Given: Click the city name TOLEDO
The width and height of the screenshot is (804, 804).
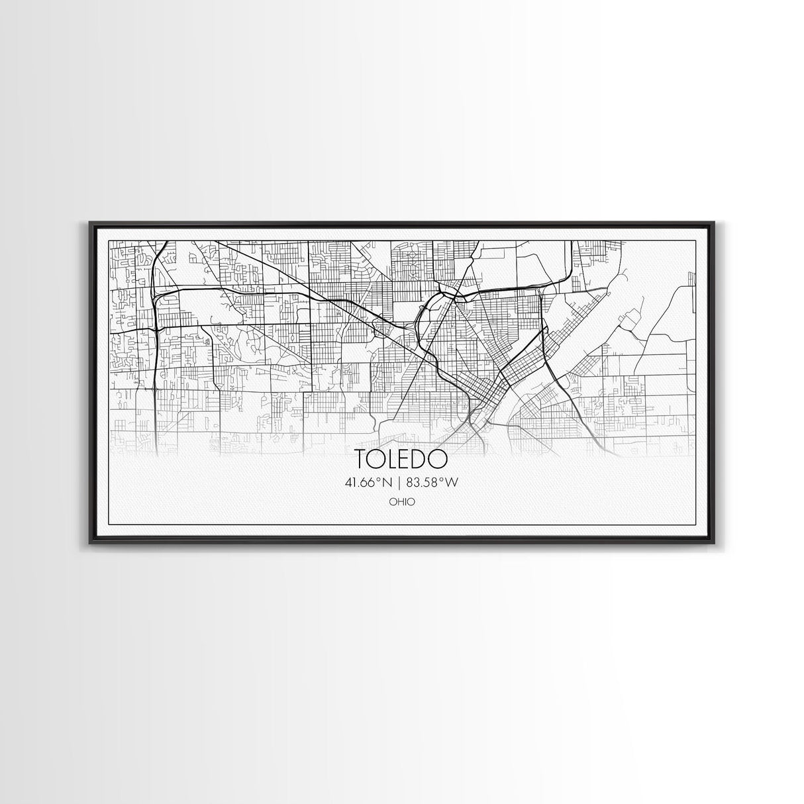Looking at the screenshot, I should (x=401, y=459).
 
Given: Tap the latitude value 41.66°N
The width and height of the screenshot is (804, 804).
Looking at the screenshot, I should (x=370, y=483).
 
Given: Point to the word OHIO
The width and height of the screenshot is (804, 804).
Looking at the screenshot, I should (x=402, y=502).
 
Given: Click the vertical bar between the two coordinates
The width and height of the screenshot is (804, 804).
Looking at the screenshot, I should (x=401, y=483).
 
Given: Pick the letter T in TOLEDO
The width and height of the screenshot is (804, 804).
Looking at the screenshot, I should (x=362, y=459).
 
